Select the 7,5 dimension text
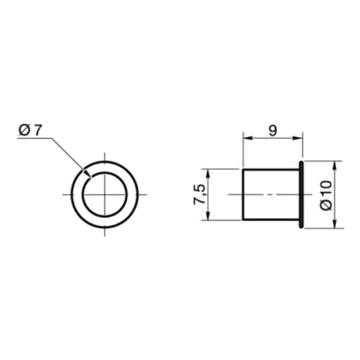coord(200,195)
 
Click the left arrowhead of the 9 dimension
coord(246,139)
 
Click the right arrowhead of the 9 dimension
coord(299,139)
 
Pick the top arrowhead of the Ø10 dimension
coord(334,164)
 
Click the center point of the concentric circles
coord(104,193)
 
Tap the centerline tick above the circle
coord(104,156)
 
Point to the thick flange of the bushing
coord(301,194)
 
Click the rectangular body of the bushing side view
coord(271,194)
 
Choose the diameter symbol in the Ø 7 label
coord(24,129)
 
